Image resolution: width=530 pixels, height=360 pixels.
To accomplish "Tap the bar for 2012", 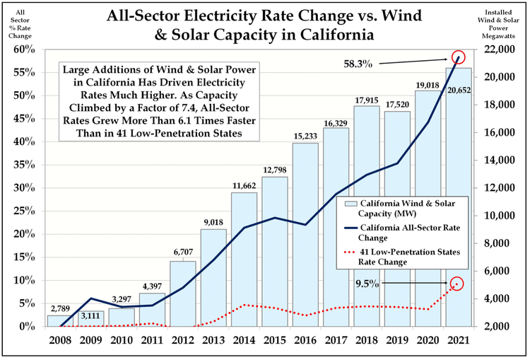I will coord(182,294).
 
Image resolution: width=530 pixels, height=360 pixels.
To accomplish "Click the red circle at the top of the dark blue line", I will coord(459,57).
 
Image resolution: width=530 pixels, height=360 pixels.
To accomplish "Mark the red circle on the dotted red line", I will coord(459,284).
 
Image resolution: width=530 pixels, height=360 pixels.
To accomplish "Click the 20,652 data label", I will coord(458,91).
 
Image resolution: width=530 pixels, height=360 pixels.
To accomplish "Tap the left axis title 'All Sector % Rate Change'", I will coord(19,24).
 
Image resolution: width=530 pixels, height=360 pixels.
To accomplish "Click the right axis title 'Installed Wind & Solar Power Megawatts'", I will coord(504,24).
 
